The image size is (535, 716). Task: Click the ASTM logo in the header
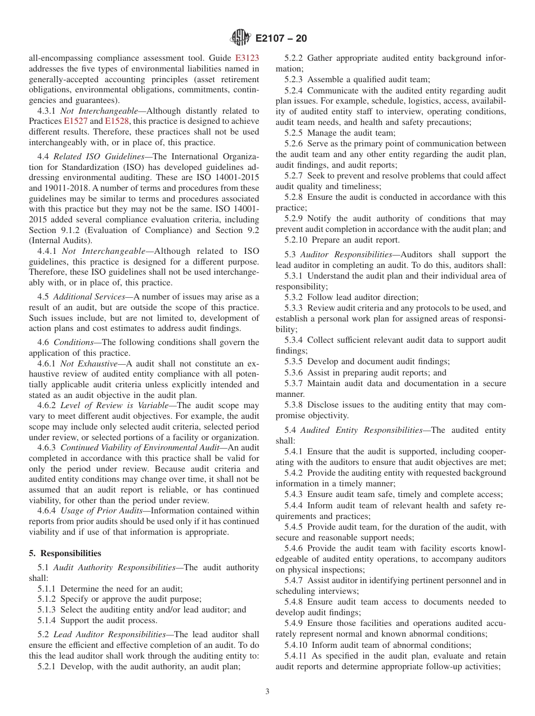[240, 38]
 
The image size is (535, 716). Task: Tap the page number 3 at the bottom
[267, 692]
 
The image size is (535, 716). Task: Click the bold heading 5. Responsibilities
[65, 553]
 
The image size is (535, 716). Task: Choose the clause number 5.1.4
[47, 621]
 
